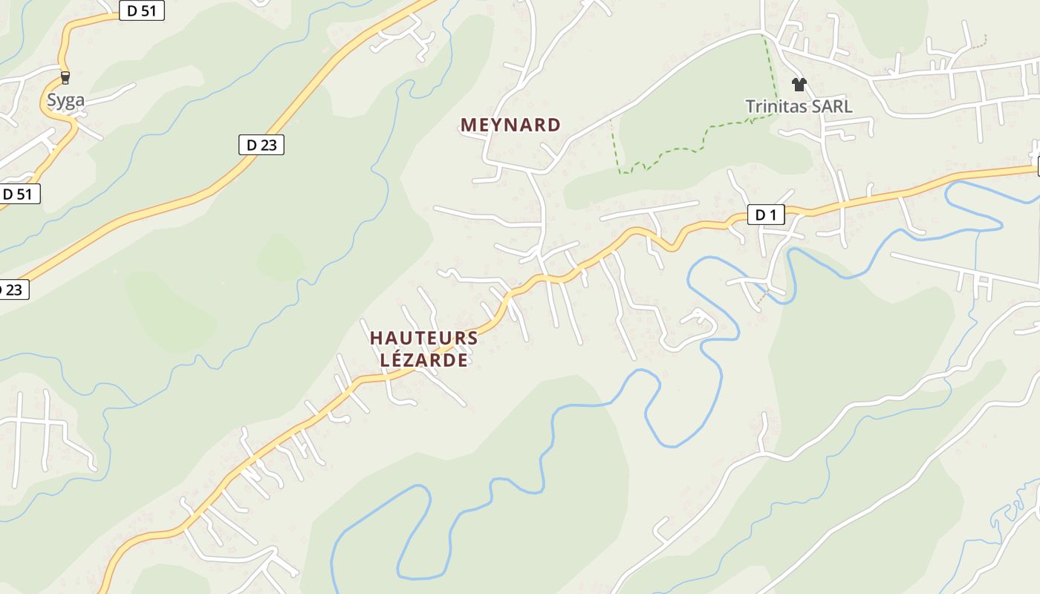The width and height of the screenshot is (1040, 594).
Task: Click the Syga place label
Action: coord(65,101)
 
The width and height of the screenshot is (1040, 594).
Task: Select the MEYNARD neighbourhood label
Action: coord(510,125)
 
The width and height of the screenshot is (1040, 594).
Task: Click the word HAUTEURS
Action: coord(423,338)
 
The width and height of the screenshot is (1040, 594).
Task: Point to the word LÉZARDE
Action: coord(423,360)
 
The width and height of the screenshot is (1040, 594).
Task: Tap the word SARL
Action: coord(832,106)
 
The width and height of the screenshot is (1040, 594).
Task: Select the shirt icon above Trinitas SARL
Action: coord(799,85)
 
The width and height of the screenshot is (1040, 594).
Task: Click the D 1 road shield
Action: coord(765,215)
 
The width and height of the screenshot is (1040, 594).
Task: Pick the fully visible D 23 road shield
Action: coord(261,145)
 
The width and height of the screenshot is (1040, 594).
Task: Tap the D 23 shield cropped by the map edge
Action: coord(13,290)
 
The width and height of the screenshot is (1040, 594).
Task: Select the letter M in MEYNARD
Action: coord(468,125)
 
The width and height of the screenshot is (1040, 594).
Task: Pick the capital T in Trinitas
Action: coord(750,106)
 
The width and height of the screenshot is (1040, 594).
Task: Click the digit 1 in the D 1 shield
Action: coord(774,215)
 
